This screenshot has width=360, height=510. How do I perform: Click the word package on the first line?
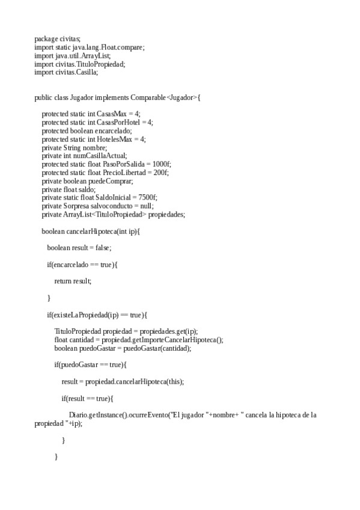point(46,38)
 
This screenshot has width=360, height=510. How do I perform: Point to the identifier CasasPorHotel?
point(117,122)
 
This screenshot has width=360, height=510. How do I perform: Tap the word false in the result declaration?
point(103,248)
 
